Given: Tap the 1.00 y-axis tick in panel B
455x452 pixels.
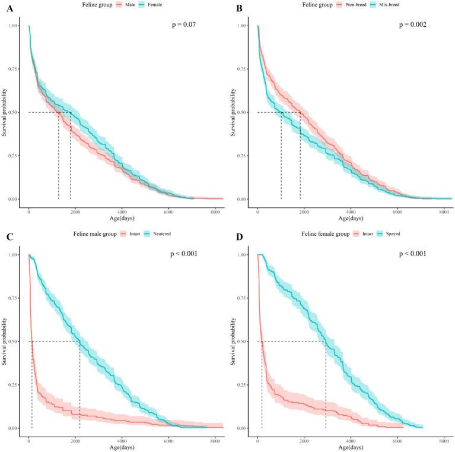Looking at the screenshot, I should [x=243, y=26].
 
